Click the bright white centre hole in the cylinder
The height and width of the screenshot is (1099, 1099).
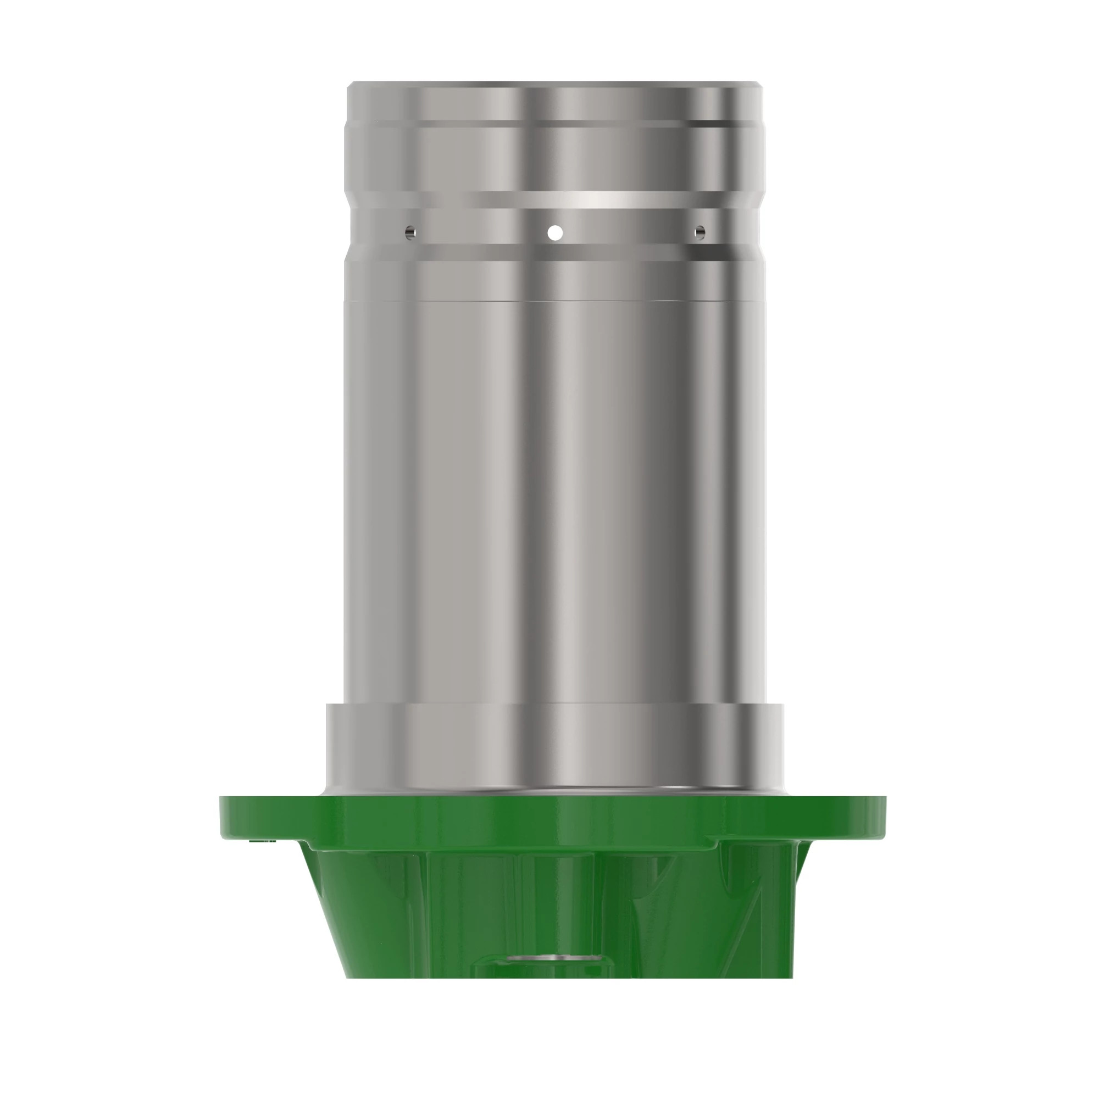click(555, 232)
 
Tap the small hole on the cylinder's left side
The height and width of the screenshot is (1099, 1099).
click(410, 232)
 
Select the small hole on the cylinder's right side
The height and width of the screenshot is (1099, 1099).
click(700, 231)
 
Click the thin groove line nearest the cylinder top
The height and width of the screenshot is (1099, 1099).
click(554, 124)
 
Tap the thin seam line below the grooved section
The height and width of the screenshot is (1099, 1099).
click(554, 301)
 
